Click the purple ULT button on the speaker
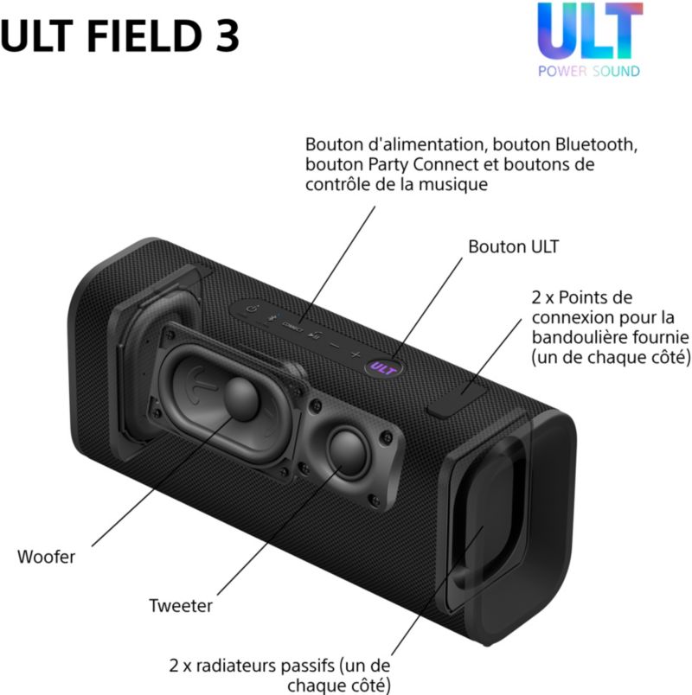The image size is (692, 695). [383, 368]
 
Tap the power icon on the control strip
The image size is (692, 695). [252, 309]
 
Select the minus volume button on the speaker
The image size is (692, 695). [336, 345]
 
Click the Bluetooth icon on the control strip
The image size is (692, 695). [270, 318]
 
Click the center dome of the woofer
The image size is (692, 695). [241, 399]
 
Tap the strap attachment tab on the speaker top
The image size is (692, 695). [457, 400]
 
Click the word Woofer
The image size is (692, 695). [46, 558]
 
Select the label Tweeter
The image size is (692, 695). [181, 606]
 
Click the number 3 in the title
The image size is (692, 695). [227, 35]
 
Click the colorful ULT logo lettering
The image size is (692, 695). [590, 31]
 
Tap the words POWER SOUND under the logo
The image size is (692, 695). [589, 71]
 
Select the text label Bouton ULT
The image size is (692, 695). [513, 247]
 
